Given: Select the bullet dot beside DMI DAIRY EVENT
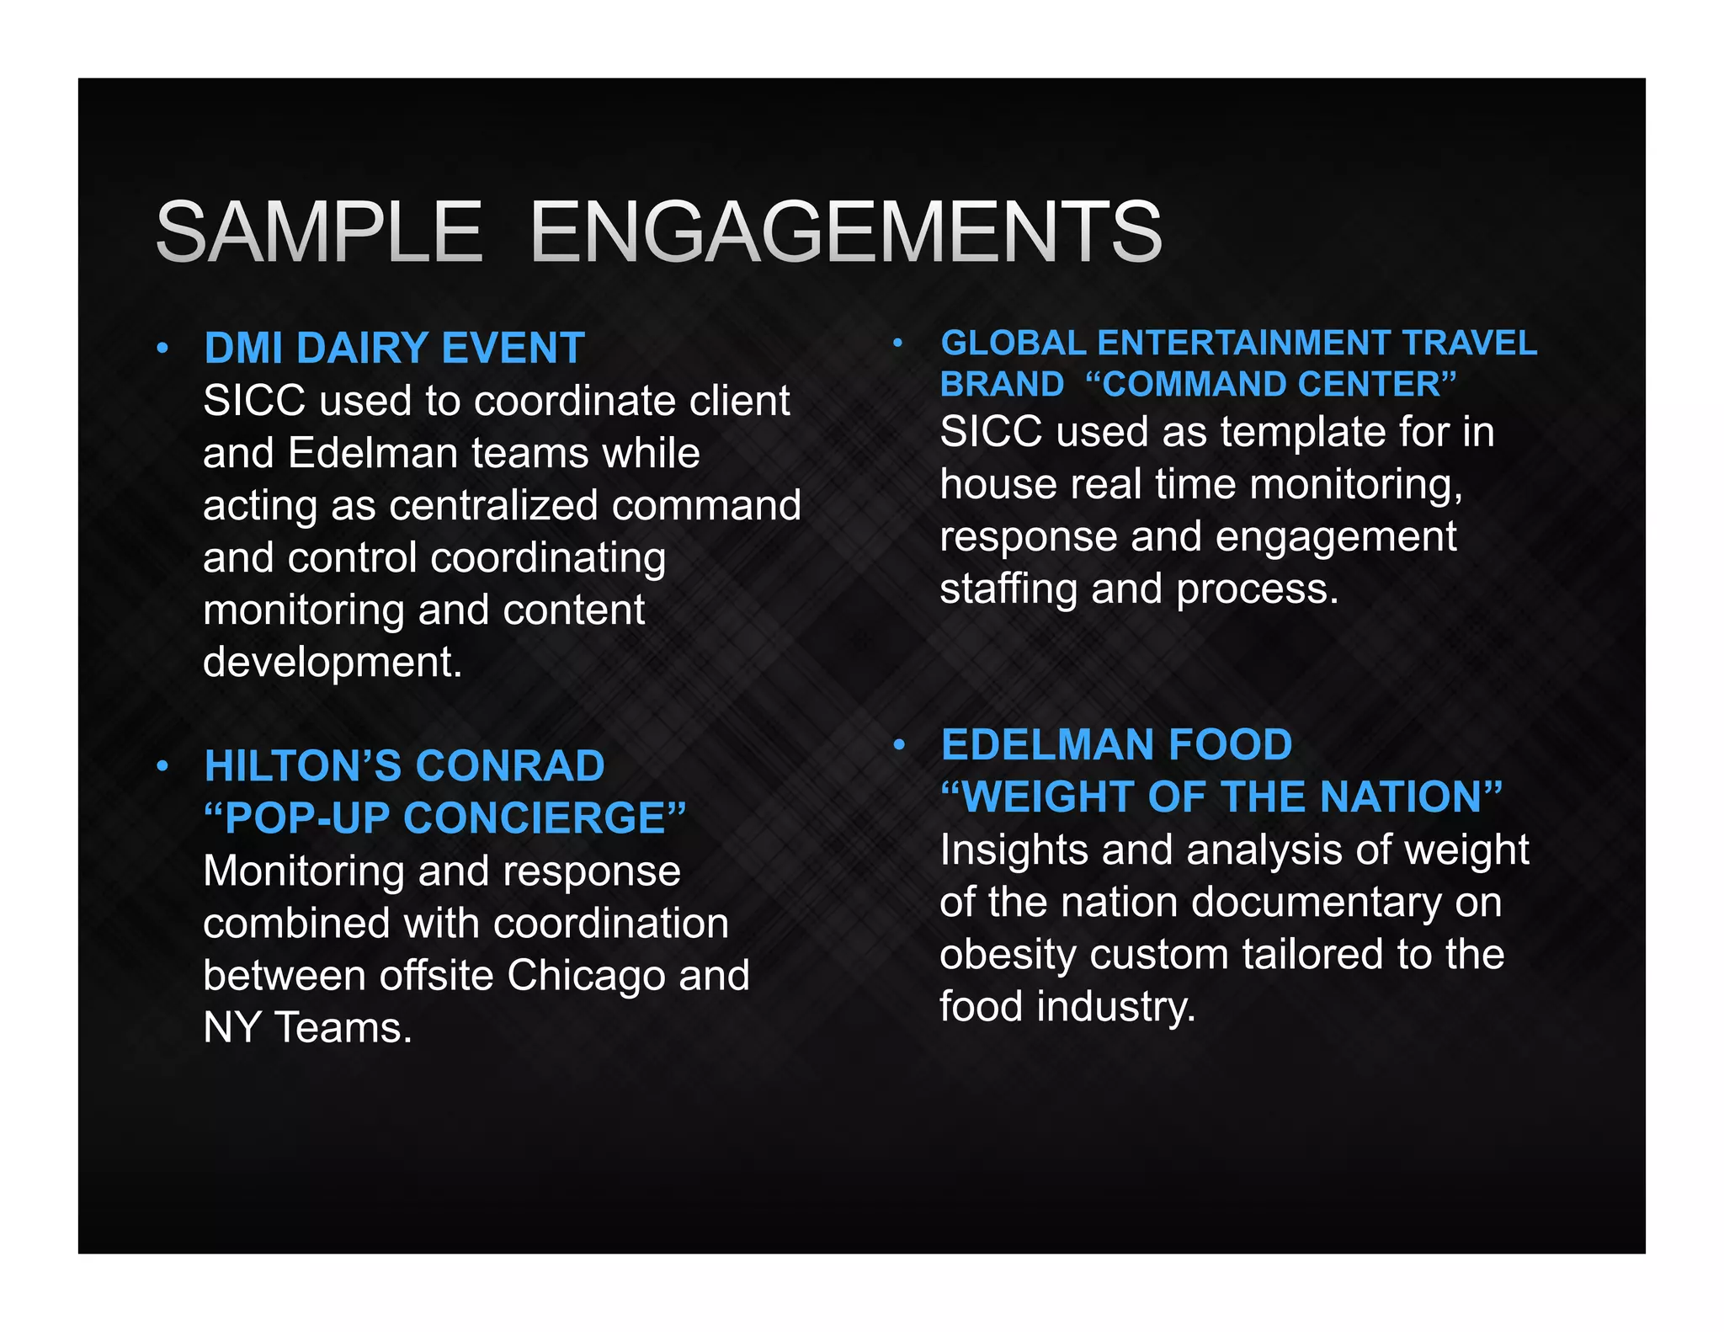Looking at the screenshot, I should pyautogui.click(x=162, y=348).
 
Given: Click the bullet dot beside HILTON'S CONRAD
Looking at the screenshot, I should pyautogui.click(x=162, y=766).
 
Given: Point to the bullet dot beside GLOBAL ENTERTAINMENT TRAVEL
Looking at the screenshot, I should pyautogui.click(x=898, y=343).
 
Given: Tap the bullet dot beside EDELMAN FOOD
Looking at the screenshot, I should pyautogui.click(x=899, y=744).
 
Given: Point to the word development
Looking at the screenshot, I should pyautogui.click(x=332, y=663).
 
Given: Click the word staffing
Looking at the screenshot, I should pyautogui.click(x=1008, y=589).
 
